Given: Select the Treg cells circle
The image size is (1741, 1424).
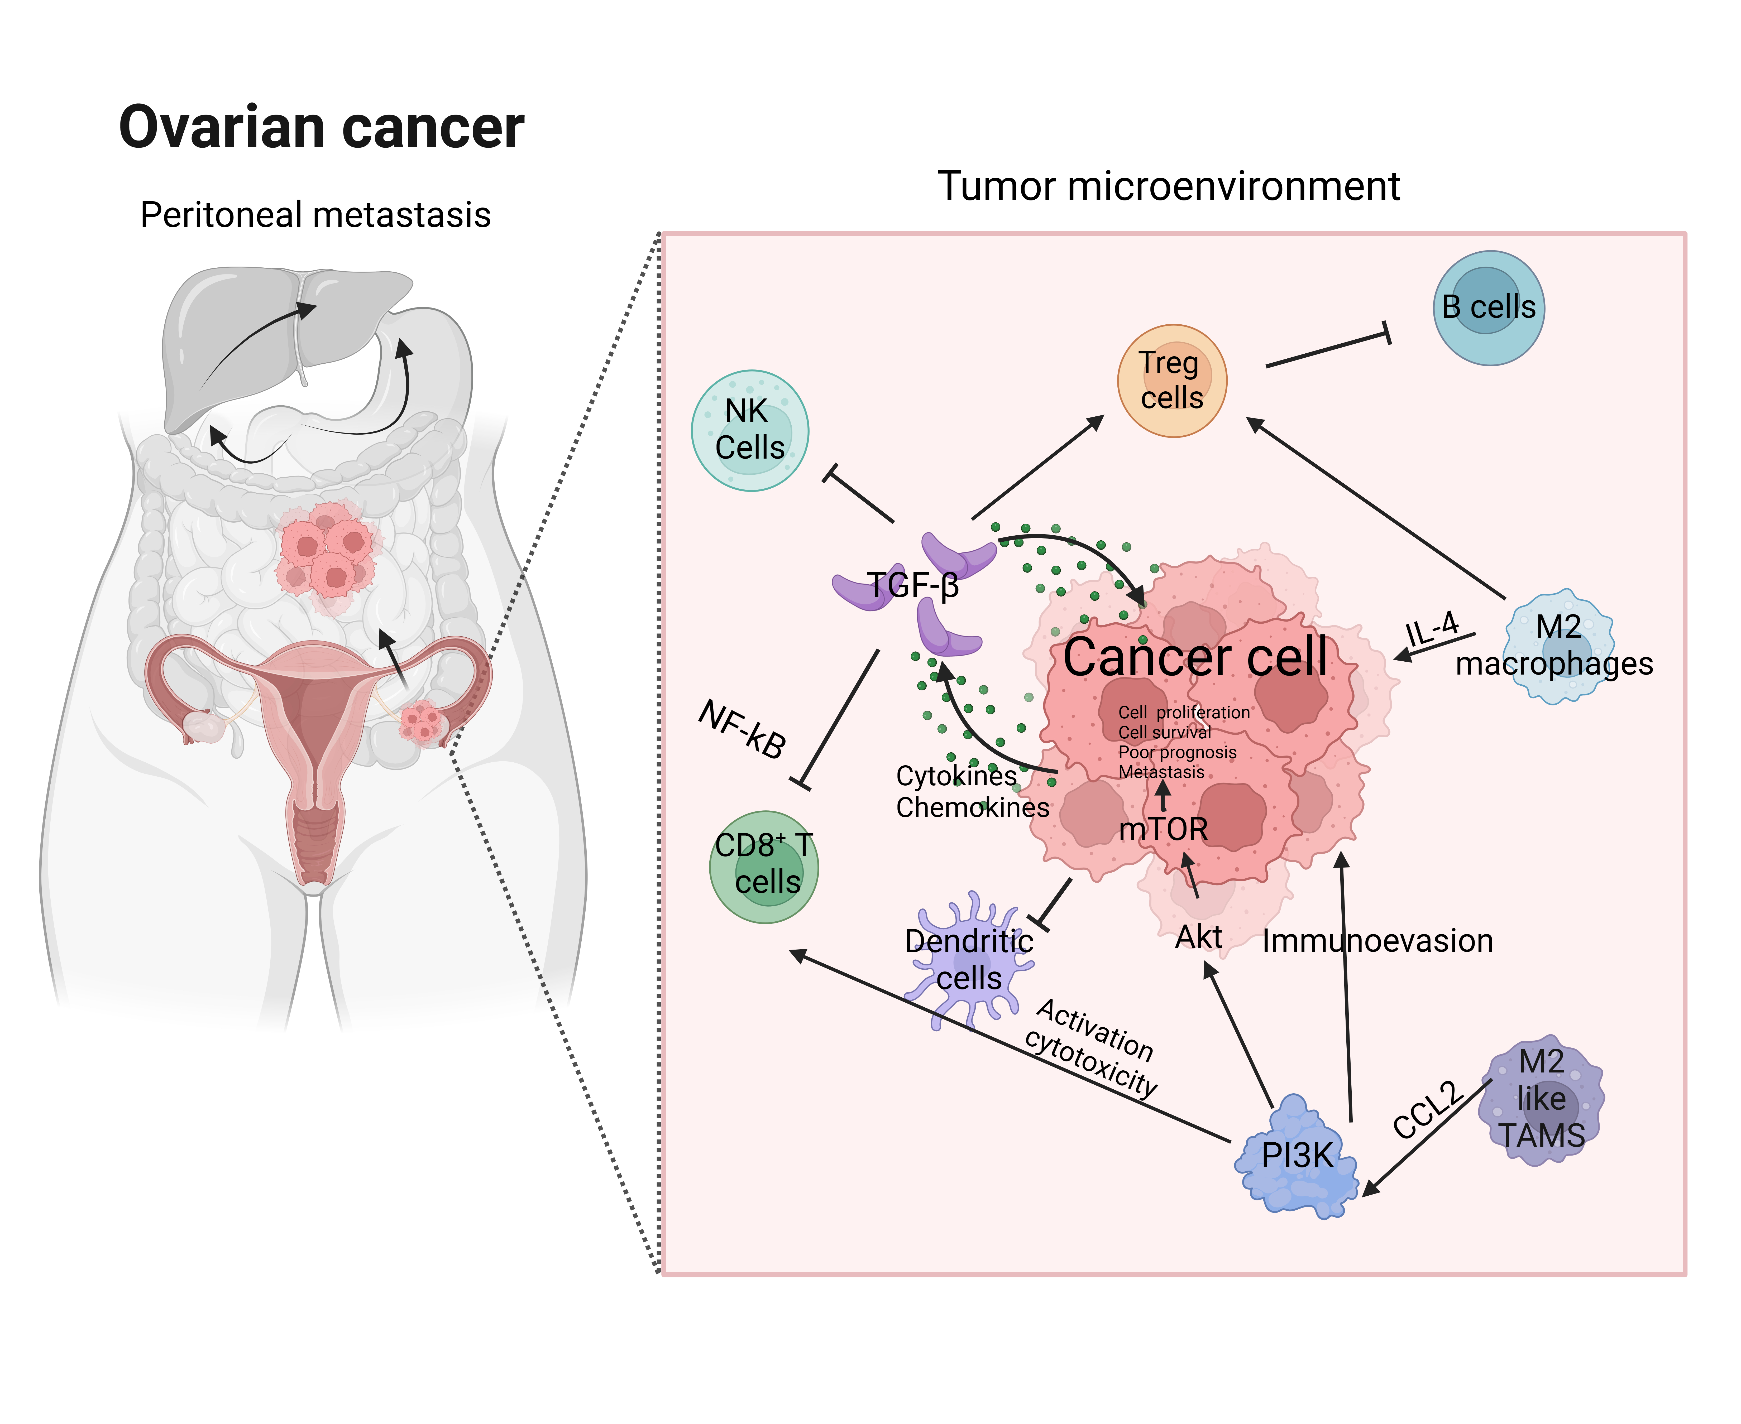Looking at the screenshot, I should coord(1171,381).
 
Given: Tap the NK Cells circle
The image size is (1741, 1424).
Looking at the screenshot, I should coord(750,431).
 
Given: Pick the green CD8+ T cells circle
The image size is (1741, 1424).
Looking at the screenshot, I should coord(764,867).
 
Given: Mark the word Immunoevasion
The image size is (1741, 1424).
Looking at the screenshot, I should coord(1377,941).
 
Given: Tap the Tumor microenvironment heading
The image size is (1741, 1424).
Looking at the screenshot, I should coord(1168,186).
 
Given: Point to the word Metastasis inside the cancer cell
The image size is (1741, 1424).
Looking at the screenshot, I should coord(1161,772).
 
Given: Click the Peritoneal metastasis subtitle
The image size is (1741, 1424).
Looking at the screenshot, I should coord(315,215).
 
